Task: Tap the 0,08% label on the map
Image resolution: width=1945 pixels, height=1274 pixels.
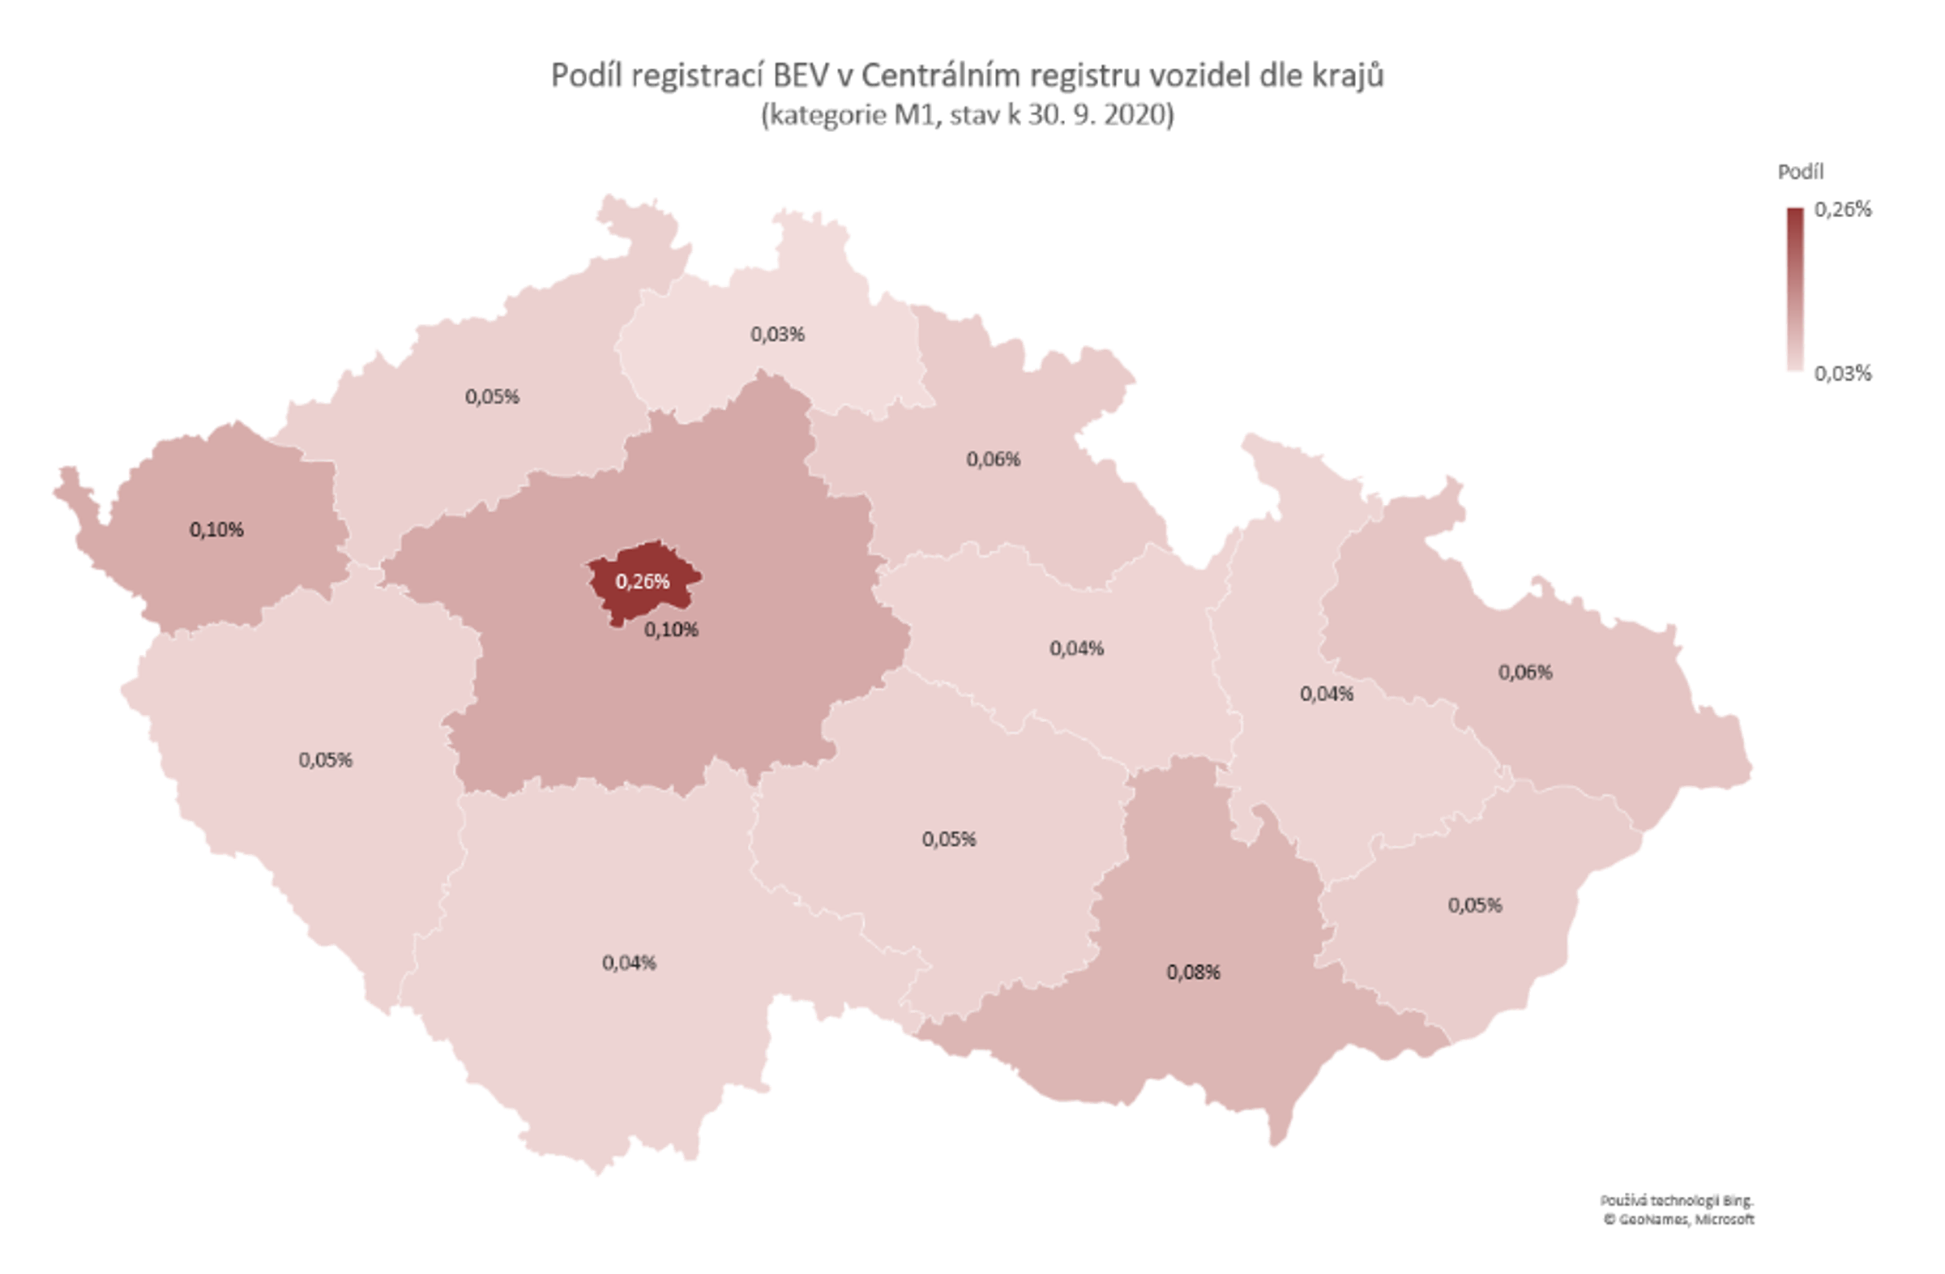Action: [x=1193, y=972]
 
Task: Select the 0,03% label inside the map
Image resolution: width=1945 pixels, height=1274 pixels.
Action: [x=777, y=334]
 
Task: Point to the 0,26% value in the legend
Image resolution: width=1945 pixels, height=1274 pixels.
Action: [x=1843, y=210]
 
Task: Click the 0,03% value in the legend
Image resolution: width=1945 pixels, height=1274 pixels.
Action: [x=1843, y=374]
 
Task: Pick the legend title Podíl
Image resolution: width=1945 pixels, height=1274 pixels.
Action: [x=1801, y=172]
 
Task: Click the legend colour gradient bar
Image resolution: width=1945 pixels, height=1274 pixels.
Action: [x=1794, y=290]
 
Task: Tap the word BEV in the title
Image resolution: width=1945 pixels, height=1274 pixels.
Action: [x=800, y=75]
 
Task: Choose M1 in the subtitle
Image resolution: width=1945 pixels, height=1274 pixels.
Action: [x=913, y=115]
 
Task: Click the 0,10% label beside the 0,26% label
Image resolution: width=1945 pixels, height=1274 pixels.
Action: [x=671, y=629]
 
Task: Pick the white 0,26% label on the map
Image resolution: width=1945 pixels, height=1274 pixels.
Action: [x=643, y=581]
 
